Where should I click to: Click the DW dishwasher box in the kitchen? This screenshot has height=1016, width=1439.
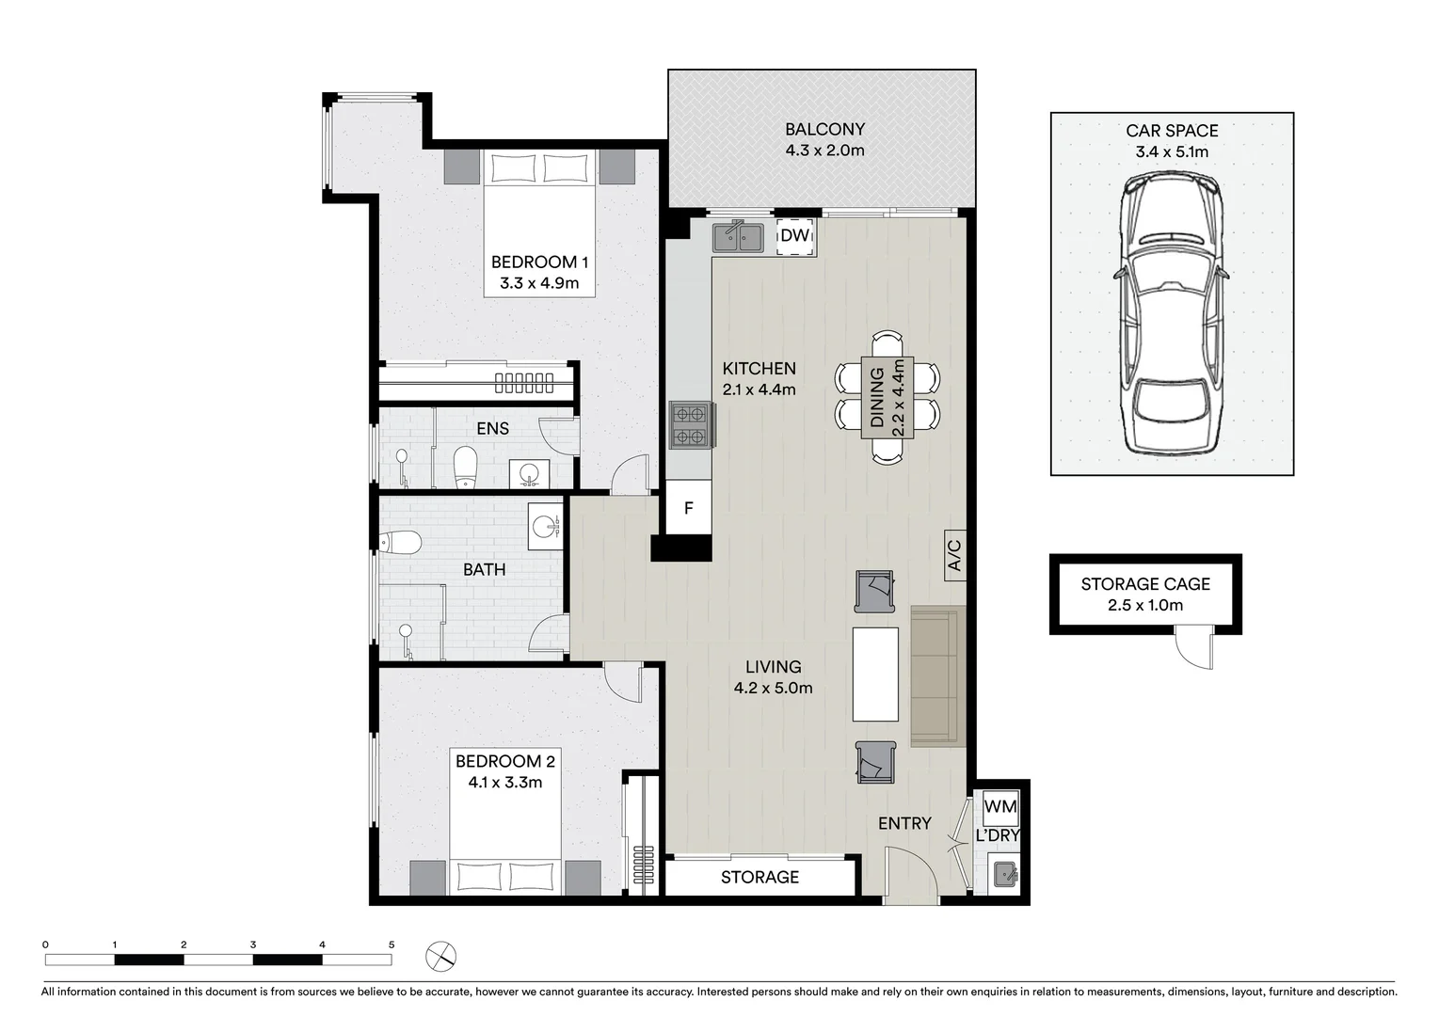pos(795,236)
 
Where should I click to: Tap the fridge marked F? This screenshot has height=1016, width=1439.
pos(689,508)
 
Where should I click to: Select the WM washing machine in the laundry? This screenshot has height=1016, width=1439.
pos(999,807)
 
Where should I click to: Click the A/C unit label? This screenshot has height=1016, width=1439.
pos(954,555)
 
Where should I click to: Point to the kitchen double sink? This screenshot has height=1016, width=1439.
pos(739,236)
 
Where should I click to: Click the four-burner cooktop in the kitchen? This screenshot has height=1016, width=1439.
pos(690,424)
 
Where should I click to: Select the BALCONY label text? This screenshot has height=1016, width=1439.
pos(824,130)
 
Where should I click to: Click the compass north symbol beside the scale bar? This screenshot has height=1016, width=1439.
pos(440,958)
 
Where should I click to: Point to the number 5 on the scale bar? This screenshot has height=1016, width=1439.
pos(392,945)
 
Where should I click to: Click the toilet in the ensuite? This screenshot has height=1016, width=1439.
pos(465,467)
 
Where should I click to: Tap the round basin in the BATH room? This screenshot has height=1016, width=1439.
pos(545,526)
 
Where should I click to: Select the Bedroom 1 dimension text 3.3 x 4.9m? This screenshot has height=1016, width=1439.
pos(539,282)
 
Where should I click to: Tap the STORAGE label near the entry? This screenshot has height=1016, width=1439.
pos(759,877)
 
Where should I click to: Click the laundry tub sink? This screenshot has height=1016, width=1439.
pos(1006,875)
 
